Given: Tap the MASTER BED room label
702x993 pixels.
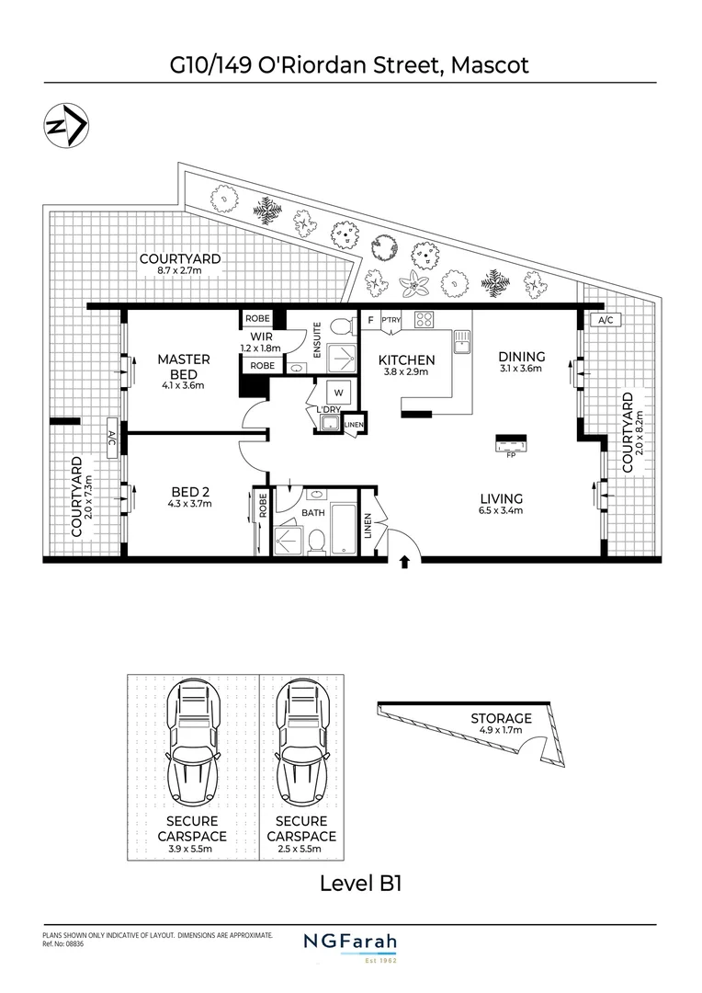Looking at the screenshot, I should click(x=184, y=366).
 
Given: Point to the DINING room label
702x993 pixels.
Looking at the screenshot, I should click(x=522, y=357).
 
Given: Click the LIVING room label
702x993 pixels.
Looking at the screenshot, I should click(x=501, y=498).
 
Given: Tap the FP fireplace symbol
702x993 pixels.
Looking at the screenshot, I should click(x=510, y=445).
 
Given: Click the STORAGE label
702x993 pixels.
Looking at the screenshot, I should click(x=502, y=718).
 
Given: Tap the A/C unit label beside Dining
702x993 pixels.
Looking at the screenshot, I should click(x=606, y=320).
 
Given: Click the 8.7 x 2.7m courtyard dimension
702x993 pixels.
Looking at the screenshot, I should click(x=180, y=271).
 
